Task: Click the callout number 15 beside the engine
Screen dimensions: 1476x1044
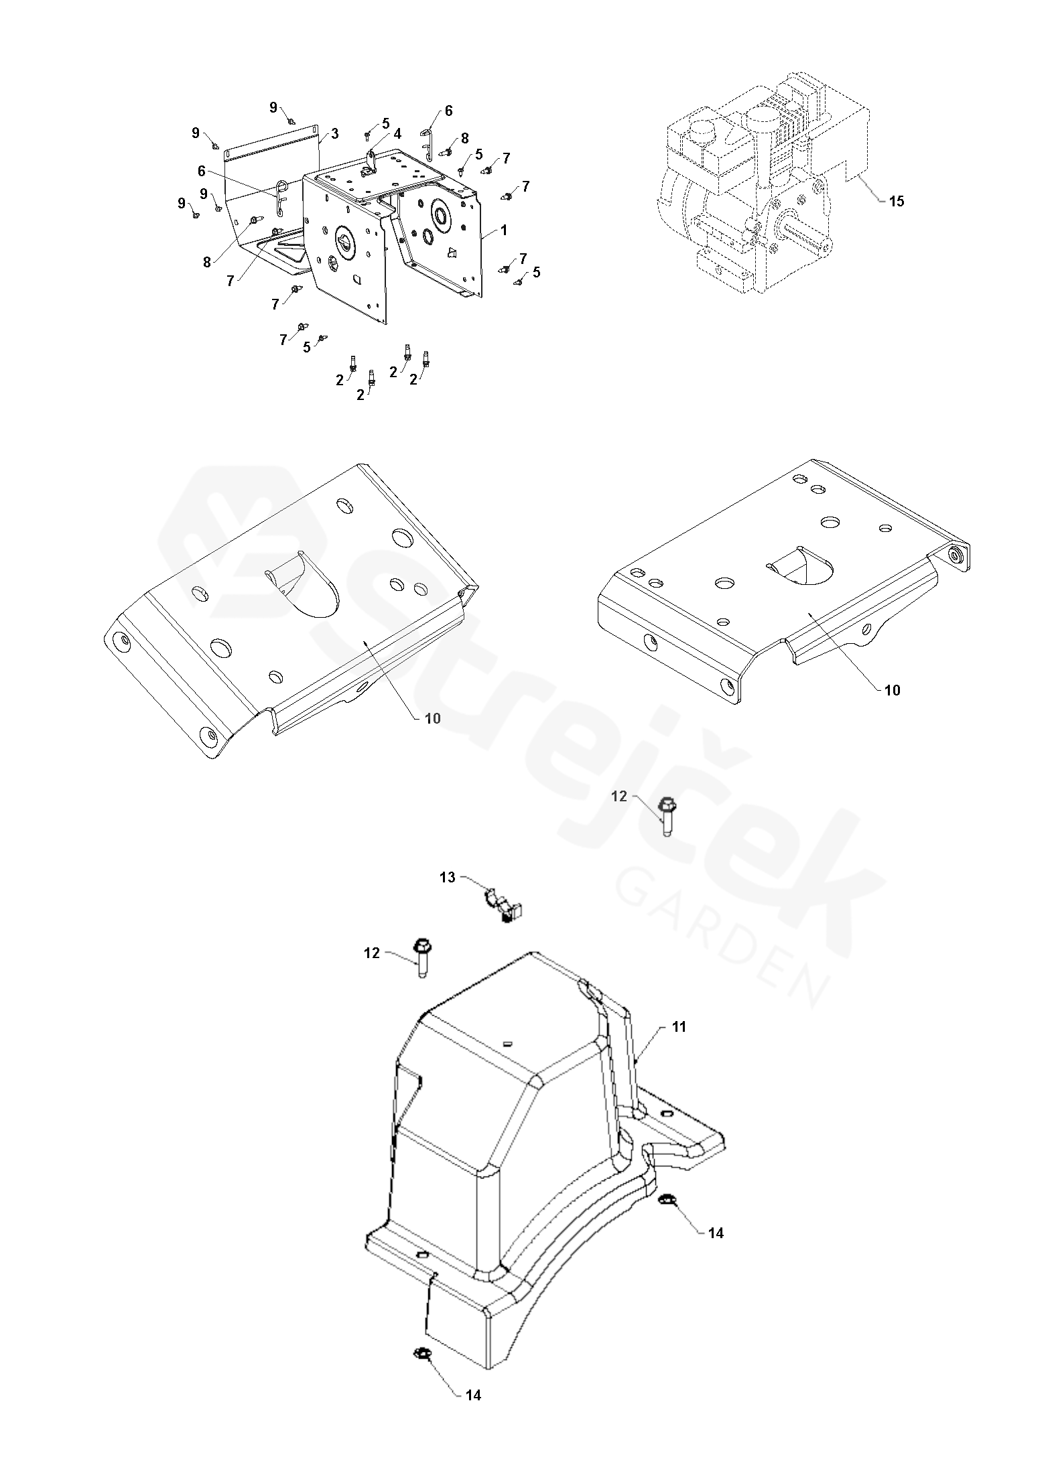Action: pyautogui.click(x=896, y=201)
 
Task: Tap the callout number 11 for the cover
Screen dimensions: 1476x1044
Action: pyautogui.click(x=679, y=1027)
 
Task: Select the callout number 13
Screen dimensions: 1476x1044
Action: pyautogui.click(x=447, y=878)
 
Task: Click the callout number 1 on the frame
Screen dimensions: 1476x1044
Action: pyautogui.click(x=504, y=230)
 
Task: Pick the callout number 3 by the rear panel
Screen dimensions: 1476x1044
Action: pyautogui.click(x=334, y=133)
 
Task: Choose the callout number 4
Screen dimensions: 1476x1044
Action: pyautogui.click(x=397, y=133)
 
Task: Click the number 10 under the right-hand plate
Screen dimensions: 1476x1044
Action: pyautogui.click(x=893, y=690)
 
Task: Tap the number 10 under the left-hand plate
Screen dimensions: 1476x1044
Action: pyautogui.click(x=433, y=718)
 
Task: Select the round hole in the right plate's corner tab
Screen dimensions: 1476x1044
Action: pyautogui.click(x=956, y=553)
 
